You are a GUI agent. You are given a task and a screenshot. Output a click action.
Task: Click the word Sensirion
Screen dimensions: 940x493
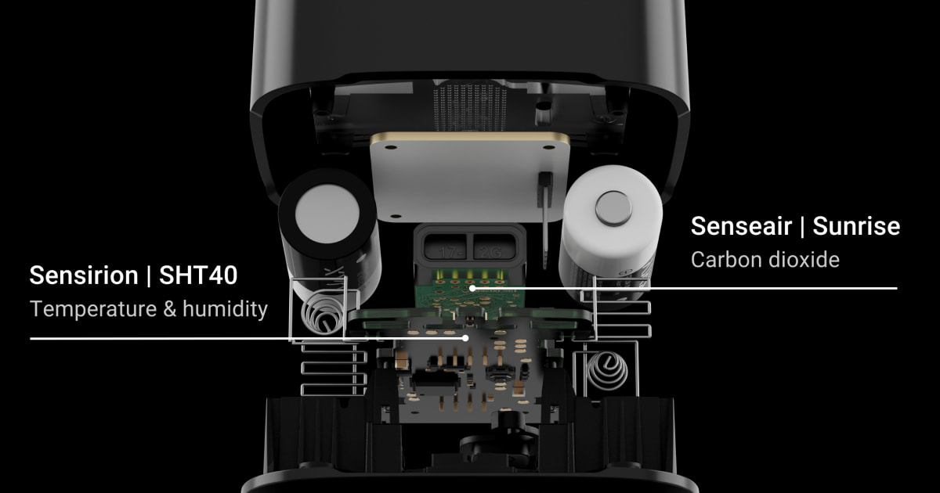(84, 275)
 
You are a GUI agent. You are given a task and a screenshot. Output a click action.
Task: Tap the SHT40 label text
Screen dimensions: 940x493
(198, 275)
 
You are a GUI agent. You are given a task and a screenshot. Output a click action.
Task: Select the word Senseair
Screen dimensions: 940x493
(741, 226)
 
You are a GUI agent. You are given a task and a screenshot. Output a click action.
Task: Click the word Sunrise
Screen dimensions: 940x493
(856, 226)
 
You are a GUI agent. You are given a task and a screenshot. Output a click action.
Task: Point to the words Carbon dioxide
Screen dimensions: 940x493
(765, 260)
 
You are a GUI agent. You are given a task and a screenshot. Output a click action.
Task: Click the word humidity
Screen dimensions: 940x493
(225, 309)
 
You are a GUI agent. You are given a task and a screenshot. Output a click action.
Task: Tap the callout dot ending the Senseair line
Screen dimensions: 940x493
(472, 288)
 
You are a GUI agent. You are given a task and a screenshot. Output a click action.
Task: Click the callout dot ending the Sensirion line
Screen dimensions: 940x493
(465, 338)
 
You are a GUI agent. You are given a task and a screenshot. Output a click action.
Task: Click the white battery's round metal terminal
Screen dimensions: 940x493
(613, 209)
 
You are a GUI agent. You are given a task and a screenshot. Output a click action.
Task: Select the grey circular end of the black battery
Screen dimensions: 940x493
(327, 214)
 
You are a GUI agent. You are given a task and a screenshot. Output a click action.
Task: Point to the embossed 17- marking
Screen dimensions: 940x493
(446, 252)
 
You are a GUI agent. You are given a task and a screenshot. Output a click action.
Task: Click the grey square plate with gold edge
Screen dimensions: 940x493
(469, 177)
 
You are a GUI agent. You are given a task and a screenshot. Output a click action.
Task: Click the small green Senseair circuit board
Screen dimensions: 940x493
(470, 290)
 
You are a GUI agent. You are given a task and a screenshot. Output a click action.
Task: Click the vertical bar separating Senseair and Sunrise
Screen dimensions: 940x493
(802, 227)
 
